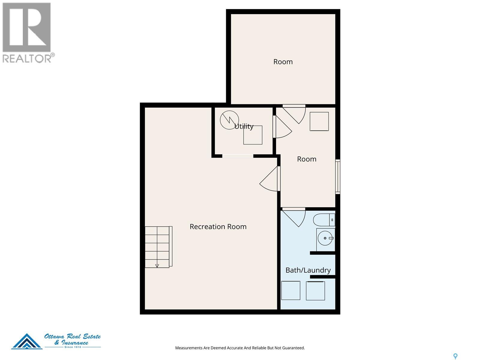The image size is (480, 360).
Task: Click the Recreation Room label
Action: pyautogui.click(x=218, y=226)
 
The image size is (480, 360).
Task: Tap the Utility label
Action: pyautogui.click(x=244, y=126)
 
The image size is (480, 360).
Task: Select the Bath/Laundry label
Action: pyautogui.click(x=308, y=270)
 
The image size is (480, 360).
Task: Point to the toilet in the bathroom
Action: pyautogui.click(x=324, y=220)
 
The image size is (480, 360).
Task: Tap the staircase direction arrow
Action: pyautogui.click(x=157, y=266)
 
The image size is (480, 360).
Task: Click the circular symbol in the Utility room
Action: pyautogui.click(x=229, y=120)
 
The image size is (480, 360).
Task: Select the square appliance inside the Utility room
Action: pyautogui.click(x=253, y=135)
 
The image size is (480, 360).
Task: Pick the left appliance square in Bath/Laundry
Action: pyautogui.click(x=291, y=290)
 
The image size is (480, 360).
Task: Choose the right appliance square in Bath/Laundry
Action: pyautogui.click(x=315, y=291)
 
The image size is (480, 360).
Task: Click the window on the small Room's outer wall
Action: pyautogui.click(x=338, y=177)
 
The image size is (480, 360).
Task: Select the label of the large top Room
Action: pyautogui.click(x=283, y=61)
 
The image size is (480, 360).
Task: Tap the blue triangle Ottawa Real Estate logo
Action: pyautogui.click(x=27, y=341)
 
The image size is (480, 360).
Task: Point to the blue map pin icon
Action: pyautogui.click(x=455, y=356)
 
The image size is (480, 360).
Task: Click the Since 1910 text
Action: pyautogui.click(x=73, y=347)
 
